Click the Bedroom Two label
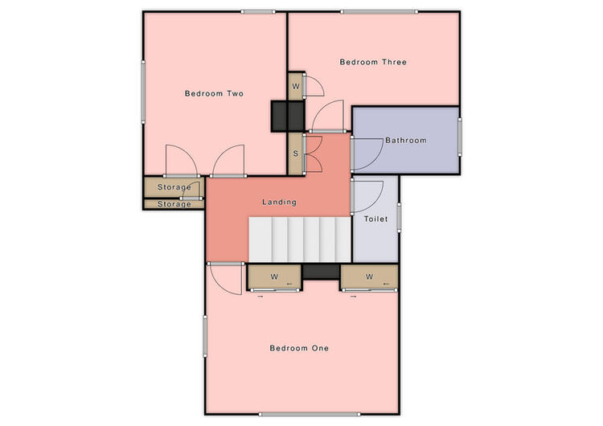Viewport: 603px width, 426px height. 214,93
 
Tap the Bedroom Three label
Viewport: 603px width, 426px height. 373,62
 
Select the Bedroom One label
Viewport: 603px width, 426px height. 299,348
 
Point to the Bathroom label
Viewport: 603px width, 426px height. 406,141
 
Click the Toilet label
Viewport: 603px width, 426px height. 375,219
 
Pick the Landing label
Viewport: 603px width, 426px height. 279,202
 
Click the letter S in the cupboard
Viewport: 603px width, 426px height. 296,154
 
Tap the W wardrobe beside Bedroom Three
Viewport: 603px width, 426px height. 296,86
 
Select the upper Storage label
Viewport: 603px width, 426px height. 174,187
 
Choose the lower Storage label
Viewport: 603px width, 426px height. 174,204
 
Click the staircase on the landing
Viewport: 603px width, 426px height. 300,240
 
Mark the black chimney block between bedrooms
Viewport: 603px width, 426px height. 288,116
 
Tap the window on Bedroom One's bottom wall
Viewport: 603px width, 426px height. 310,415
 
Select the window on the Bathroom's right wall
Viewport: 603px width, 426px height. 460,137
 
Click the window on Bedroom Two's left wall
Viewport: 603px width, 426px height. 143,92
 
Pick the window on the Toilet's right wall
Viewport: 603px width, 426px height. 399,218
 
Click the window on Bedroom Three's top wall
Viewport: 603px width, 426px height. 379,12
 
